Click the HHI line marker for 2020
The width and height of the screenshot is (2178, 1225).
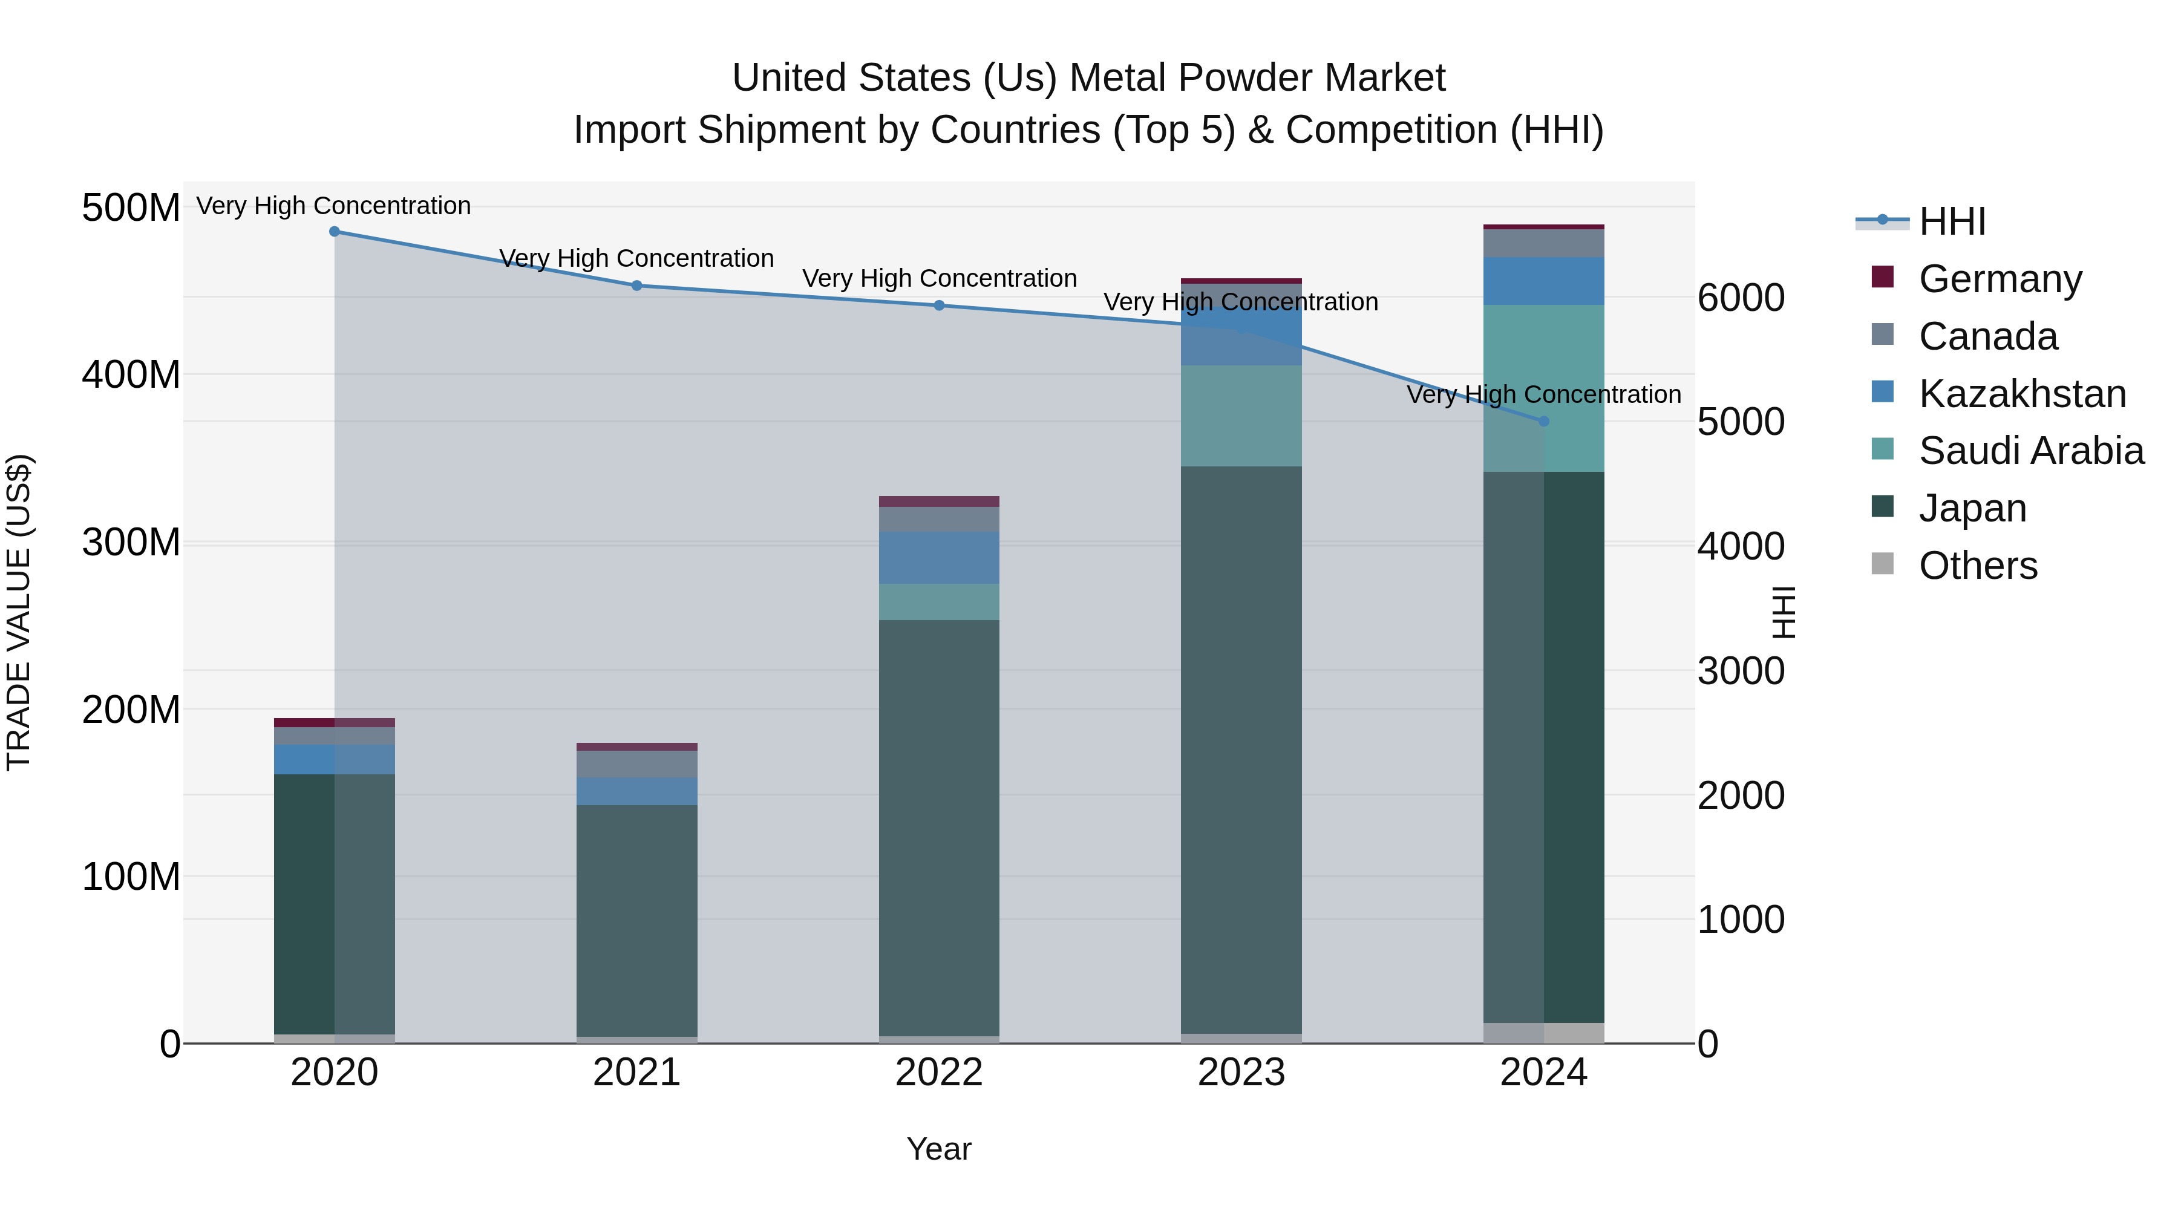click(x=334, y=231)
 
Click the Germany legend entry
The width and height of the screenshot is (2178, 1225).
click(x=2000, y=279)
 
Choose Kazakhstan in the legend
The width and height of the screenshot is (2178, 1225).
click(x=2021, y=394)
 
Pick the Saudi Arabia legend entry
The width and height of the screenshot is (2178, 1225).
click(x=2030, y=451)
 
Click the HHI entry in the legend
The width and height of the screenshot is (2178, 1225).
click(x=1951, y=221)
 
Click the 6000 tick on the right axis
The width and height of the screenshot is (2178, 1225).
click(x=1741, y=298)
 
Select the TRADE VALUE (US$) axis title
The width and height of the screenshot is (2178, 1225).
click(x=19, y=612)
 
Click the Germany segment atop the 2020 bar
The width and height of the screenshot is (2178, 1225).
click(x=334, y=722)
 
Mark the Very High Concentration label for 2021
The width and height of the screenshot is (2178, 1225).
click(x=636, y=258)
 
